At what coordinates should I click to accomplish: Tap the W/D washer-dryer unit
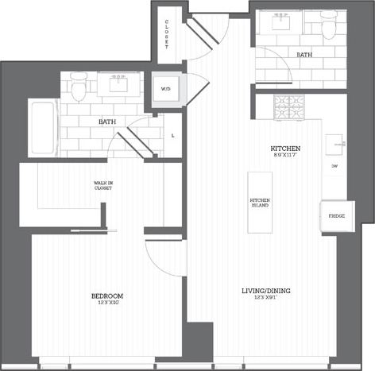(x=167, y=90)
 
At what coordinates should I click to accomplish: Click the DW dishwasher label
(x=334, y=166)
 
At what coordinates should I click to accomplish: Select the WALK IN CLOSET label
(x=102, y=186)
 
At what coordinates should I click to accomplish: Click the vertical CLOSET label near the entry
(x=167, y=35)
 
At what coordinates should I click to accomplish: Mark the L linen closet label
(x=173, y=135)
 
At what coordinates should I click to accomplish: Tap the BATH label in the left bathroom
(x=106, y=122)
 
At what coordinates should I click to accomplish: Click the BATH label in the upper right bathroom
(x=303, y=56)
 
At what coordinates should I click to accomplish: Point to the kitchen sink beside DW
(x=337, y=142)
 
